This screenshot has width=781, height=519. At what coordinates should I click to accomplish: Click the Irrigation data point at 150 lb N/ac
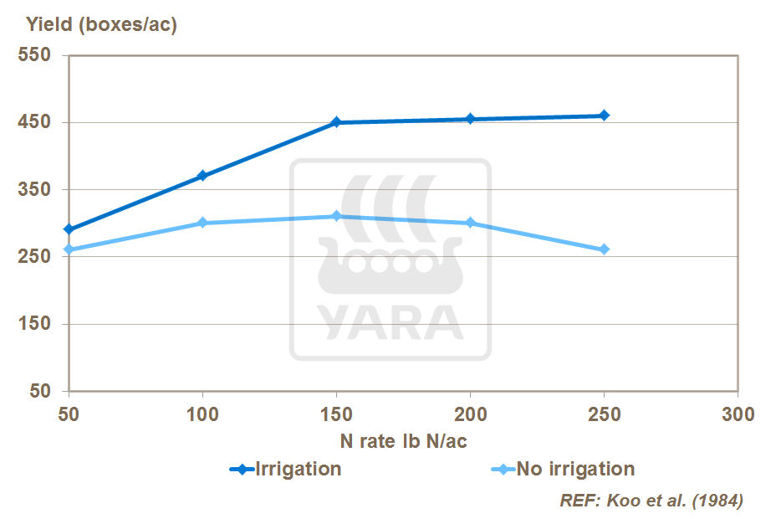(336, 122)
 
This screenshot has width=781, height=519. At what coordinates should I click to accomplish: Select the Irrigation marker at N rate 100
(202, 176)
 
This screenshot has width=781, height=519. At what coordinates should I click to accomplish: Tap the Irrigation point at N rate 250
(604, 116)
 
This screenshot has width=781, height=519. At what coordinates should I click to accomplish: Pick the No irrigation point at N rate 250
(604, 249)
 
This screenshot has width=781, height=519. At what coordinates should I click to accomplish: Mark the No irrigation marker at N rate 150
(336, 216)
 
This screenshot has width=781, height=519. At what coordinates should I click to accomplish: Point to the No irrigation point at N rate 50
(69, 249)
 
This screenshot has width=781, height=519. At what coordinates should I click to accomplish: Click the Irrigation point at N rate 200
(470, 119)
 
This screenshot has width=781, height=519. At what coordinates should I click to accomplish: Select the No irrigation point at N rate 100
(202, 223)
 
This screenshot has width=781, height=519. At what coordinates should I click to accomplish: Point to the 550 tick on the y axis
(34, 56)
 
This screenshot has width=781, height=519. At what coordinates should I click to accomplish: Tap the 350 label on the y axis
(34, 190)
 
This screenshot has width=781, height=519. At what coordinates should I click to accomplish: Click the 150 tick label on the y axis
(34, 324)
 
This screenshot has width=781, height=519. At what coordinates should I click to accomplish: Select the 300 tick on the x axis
(738, 414)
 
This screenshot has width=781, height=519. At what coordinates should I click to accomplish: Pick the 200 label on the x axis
(470, 414)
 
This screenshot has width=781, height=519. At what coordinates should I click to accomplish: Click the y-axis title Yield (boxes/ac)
(101, 25)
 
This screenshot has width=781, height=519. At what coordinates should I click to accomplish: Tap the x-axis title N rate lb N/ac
(403, 440)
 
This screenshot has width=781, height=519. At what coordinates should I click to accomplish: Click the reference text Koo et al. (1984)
(651, 501)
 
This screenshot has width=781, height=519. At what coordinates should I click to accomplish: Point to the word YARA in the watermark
(390, 322)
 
